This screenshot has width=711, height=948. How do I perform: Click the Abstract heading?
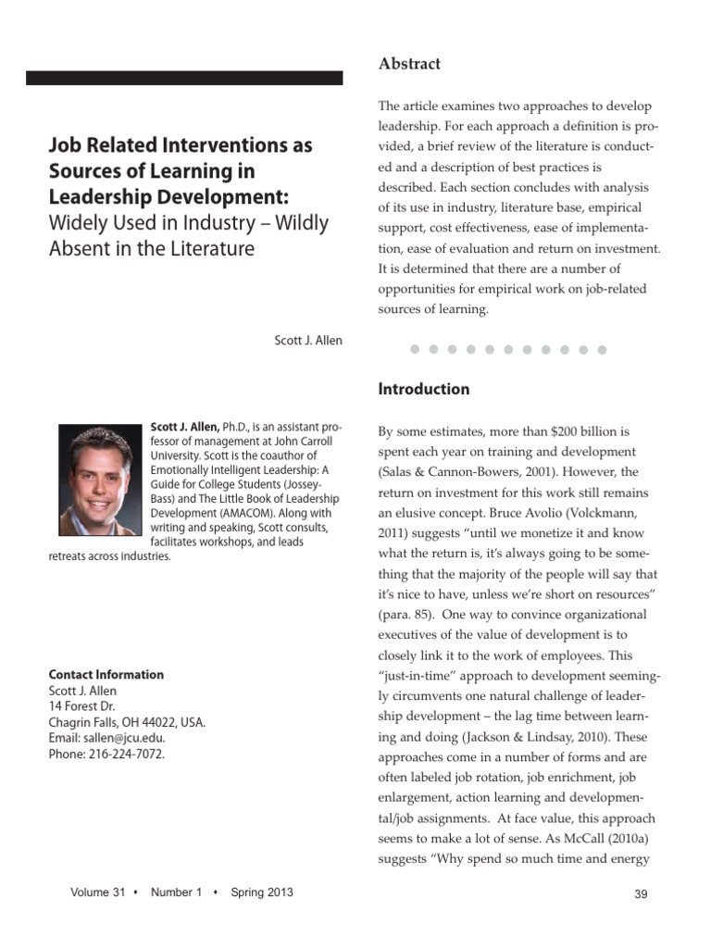coord(408,64)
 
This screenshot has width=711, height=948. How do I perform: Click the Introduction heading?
coord(423,389)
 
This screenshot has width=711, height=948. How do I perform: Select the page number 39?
coord(640,893)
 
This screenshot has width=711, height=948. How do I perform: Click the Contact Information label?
coord(106,675)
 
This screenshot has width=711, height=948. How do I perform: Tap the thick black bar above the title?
coord(184,79)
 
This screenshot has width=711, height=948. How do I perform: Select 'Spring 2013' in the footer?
coord(262,892)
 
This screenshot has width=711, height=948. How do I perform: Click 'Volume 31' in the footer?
coord(97,892)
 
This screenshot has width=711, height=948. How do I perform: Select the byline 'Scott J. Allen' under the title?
coord(308,340)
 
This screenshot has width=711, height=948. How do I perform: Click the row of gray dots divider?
coord(508,350)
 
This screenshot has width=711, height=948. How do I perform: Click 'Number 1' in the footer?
coord(176,892)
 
